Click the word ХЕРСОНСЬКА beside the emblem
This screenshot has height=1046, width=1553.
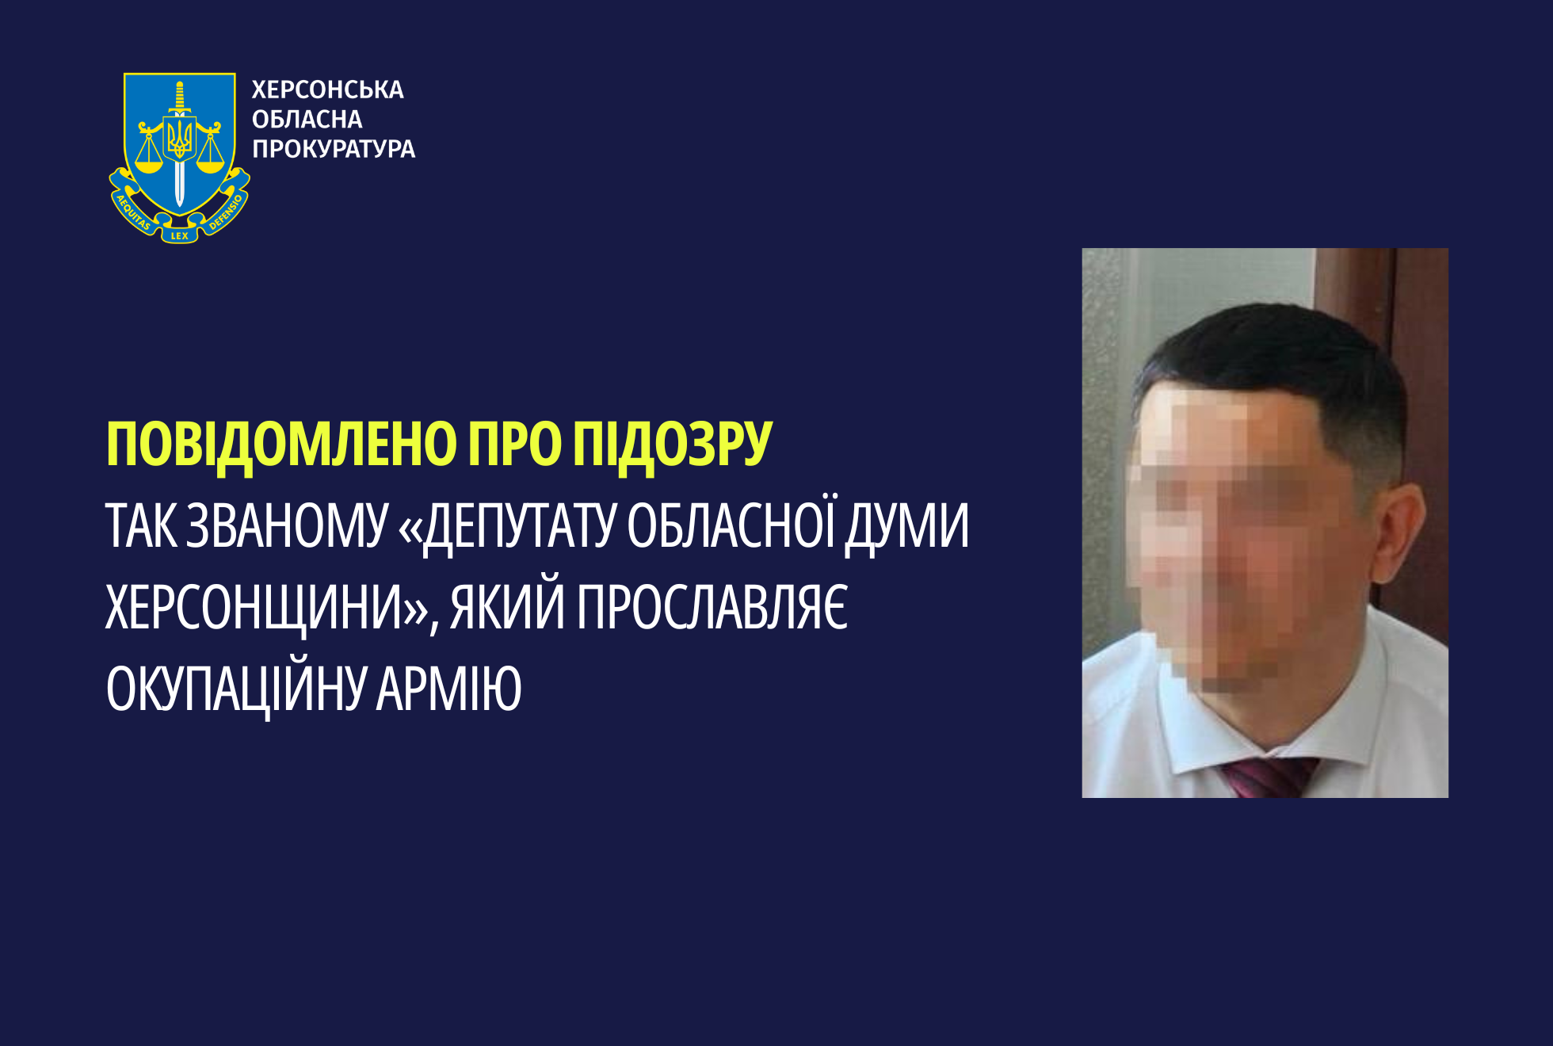coord(327,90)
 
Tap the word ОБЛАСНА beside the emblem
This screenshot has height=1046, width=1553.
coord(307,120)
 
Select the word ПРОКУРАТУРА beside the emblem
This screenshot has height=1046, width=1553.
coord(334,149)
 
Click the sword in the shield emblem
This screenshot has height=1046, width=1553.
coord(180,143)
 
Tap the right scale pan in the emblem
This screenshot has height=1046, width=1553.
coord(211,166)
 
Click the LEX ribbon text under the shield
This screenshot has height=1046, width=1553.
coord(180,235)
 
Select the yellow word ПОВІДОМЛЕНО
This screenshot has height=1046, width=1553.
coord(281,445)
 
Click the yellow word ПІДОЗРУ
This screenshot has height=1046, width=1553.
coord(672,445)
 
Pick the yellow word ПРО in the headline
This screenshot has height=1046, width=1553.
coord(514,445)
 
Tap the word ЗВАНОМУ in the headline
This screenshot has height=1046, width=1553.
coord(287,525)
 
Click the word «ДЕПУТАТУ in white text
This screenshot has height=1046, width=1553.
coord(507,527)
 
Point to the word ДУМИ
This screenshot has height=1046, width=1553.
coord(906,527)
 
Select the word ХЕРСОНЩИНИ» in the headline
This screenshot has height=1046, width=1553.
coord(268,609)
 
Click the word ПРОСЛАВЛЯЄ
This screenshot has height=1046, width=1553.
coord(712,607)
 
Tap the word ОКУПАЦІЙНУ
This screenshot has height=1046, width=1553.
coord(235,688)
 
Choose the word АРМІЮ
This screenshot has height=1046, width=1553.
coord(449,689)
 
